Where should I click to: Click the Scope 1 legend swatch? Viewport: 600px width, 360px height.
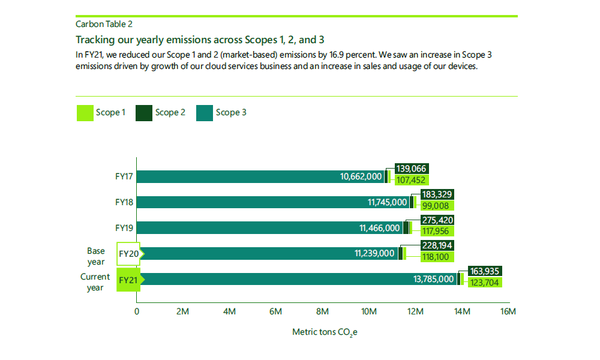pos(84,113)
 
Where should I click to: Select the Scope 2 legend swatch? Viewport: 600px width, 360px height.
pos(145,113)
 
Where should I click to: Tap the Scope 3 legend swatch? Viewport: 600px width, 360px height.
pos(206,113)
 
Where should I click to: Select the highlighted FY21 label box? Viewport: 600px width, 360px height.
pos(128,281)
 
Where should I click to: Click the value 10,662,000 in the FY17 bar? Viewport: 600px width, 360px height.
pos(361,177)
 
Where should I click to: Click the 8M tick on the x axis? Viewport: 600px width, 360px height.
pos(322,311)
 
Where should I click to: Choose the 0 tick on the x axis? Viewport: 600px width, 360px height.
pos(137,311)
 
